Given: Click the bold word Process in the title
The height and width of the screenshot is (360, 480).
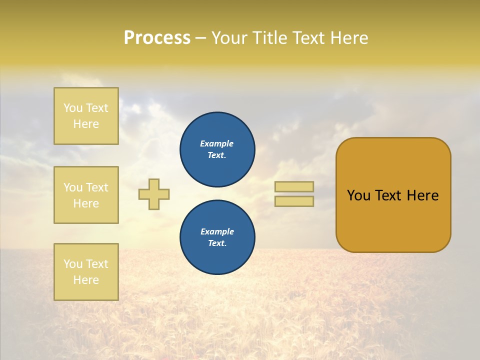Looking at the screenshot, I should click(157, 38).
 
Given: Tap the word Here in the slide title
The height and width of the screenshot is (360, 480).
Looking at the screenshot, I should click(348, 38).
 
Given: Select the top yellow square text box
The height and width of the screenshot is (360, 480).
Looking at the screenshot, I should click(86, 116).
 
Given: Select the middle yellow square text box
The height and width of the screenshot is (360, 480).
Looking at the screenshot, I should click(86, 195).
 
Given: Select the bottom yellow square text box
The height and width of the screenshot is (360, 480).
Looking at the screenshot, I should click(86, 272).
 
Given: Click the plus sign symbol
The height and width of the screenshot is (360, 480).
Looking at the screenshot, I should click(154, 194).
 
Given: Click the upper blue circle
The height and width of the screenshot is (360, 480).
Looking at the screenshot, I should click(217, 149).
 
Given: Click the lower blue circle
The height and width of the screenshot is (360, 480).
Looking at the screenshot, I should click(217, 237).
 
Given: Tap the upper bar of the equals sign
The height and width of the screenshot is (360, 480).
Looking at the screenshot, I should click(294, 186).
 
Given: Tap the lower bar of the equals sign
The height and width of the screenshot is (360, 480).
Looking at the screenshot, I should click(294, 201).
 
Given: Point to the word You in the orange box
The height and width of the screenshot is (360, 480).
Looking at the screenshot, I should click(358, 195).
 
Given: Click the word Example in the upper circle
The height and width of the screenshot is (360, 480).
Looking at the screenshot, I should click(217, 143).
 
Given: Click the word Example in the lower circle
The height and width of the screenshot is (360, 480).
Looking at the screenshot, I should click(217, 231).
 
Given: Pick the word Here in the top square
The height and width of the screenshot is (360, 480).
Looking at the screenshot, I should click(86, 124).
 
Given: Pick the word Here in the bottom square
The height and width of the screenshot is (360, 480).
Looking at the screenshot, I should click(86, 280).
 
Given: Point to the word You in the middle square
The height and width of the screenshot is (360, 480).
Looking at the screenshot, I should click(72, 187).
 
